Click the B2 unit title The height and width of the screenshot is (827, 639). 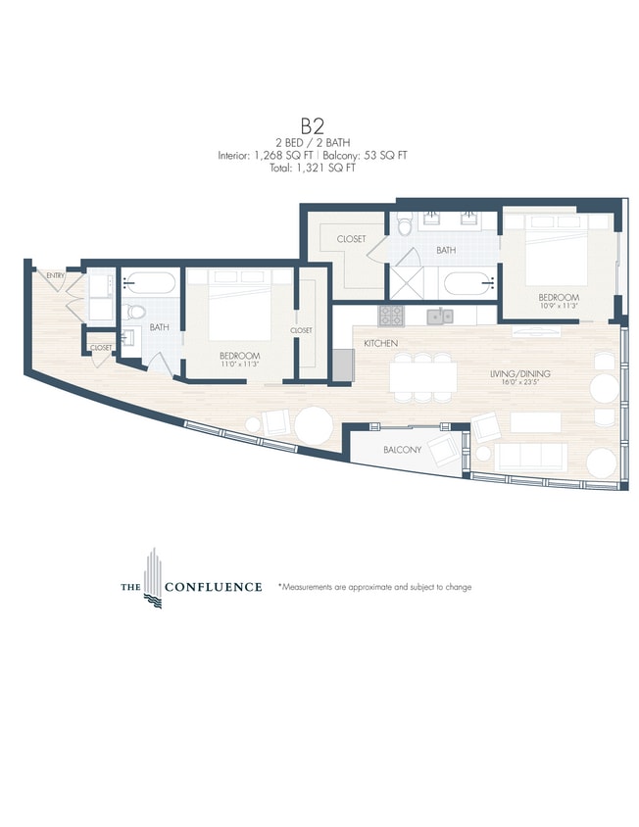click(312, 125)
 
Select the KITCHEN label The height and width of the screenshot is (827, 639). click(379, 344)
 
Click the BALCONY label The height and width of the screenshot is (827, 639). click(403, 450)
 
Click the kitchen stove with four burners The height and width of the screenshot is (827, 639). click(391, 316)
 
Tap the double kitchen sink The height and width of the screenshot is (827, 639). click(441, 316)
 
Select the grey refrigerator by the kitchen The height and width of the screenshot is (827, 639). click(341, 365)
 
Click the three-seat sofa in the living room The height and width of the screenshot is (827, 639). click(530, 455)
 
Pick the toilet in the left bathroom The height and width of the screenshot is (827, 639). click(136, 312)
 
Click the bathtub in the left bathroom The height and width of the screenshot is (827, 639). click(150, 284)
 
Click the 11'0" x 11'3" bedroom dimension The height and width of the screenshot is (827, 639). click(239, 365)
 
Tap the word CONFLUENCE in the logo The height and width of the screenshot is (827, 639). click(213, 587)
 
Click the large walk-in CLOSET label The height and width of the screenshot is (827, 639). click(351, 239)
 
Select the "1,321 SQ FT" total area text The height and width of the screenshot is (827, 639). click(329, 168)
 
